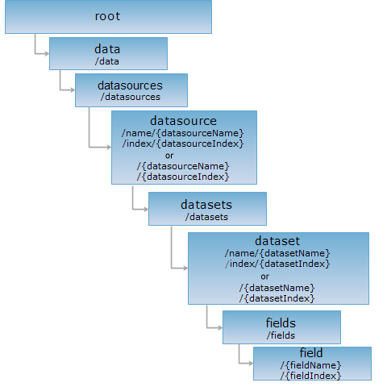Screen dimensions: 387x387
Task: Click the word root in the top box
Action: click(107, 16)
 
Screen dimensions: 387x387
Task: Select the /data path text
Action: click(106, 61)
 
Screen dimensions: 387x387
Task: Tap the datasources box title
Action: click(130, 85)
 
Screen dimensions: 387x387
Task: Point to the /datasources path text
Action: click(131, 97)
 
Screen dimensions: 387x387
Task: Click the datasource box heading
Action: click(183, 121)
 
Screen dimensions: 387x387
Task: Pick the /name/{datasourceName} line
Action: click(182, 133)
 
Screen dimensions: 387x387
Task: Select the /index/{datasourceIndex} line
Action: click(183, 144)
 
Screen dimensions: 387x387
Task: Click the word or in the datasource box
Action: click(169, 156)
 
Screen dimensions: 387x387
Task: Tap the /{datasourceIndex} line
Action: click(183, 177)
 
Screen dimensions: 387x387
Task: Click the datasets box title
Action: click(206, 205)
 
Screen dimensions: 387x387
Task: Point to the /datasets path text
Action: click(206, 217)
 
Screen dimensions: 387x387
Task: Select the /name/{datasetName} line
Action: click(277, 253)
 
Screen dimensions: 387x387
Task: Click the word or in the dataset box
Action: click(264, 277)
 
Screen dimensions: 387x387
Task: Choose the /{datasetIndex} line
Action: click(277, 298)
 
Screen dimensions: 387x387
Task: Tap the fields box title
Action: click(281, 322)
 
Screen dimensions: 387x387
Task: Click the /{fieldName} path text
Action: click(310, 365)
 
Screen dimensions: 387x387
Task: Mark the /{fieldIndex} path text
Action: click(310, 376)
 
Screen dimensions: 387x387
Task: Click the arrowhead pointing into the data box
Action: click(47, 54)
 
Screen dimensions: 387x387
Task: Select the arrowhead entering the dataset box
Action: click(185, 268)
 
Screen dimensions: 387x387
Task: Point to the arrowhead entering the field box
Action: click(251, 364)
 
